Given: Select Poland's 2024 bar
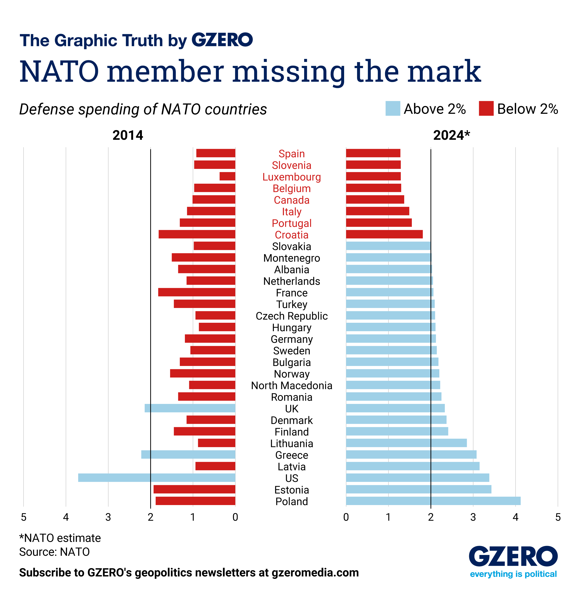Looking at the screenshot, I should click(x=433, y=501).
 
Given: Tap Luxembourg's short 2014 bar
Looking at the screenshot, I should click(x=227, y=176).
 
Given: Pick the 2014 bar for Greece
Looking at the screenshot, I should click(x=188, y=454).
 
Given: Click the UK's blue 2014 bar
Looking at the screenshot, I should click(x=190, y=408).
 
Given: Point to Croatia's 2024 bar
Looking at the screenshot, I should click(x=384, y=234).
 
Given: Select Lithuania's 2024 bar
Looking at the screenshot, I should click(x=406, y=443).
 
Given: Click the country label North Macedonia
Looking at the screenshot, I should click(x=291, y=385).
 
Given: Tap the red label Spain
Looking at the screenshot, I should click(x=291, y=154).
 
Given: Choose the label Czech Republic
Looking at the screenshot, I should click(x=291, y=316).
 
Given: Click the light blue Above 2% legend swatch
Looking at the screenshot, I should click(x=392, y=109).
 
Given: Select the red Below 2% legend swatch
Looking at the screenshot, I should click(x=486, y=109).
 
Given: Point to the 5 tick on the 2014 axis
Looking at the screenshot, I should click(x=23, y=517).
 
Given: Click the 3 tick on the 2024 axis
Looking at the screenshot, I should click(x=473, y=517).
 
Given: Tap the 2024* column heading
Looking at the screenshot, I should click(x=451, y=135).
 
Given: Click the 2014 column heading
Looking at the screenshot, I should click(x=128, y=135).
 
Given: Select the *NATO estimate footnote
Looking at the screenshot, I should click(x=60, y=538).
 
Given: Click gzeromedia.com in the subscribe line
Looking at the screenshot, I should click(x=315, y=573).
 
